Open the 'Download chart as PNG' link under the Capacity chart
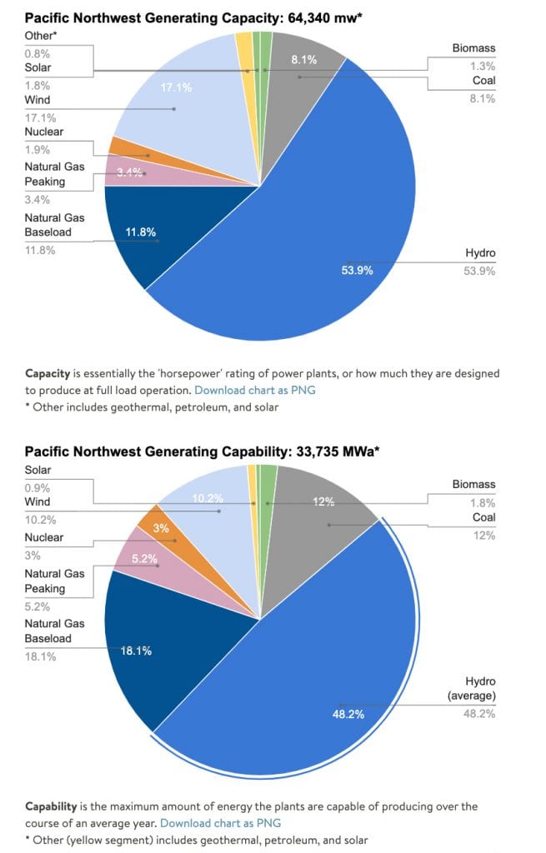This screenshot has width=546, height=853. point(254,390)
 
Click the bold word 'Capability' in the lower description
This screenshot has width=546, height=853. point(52,806)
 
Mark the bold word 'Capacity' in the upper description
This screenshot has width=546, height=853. point(48,374)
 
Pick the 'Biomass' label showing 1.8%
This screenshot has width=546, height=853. point(473,484)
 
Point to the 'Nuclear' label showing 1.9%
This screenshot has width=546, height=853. point(43,132)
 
